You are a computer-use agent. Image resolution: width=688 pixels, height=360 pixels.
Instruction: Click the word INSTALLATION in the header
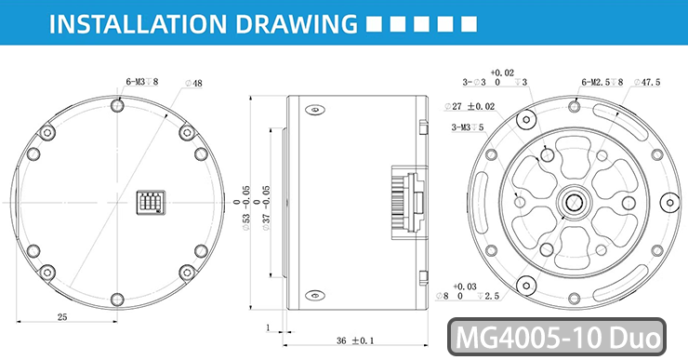[138, 23]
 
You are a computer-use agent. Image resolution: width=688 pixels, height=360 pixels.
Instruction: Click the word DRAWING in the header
[297, 23]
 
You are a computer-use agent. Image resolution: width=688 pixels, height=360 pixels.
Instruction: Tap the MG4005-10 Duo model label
[557, 337]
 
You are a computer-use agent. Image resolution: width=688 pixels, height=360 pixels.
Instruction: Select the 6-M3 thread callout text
[141, 82]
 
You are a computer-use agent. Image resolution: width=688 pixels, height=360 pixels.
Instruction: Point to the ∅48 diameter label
[193, 83]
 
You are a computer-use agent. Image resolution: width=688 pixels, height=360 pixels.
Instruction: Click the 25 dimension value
[62, 316]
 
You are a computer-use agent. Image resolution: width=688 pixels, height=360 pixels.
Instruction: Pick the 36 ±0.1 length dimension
[355, 340]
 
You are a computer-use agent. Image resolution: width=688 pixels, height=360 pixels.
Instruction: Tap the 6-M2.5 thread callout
[602, 82]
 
